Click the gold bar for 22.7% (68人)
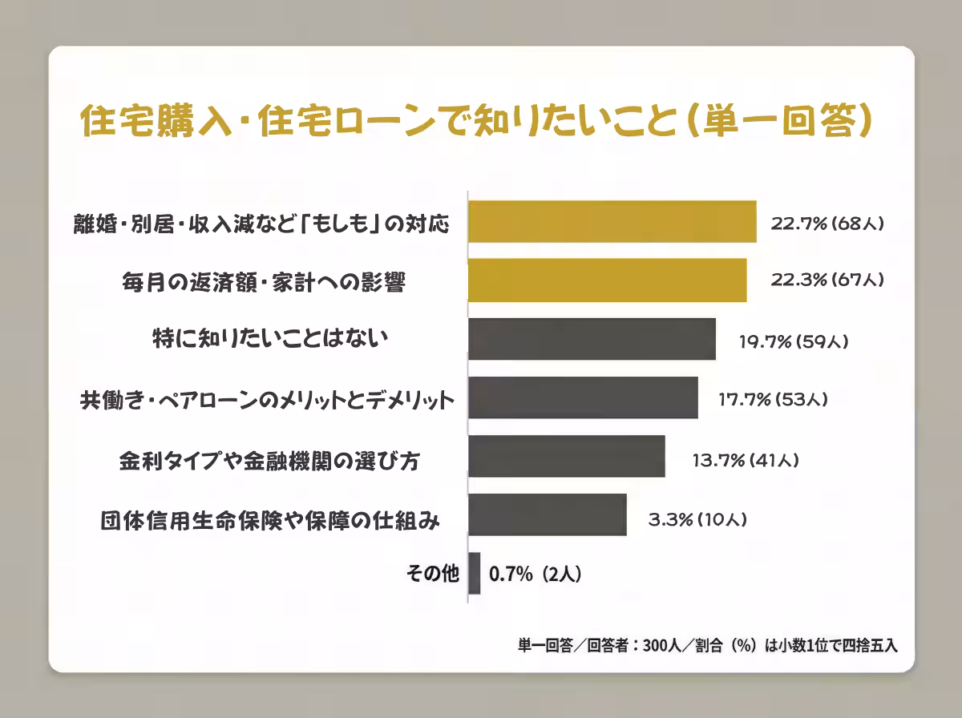pos(612,222)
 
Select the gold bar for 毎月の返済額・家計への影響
pos(608,280)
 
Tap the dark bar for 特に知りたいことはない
pos(592,339)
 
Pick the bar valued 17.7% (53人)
pos(583,397)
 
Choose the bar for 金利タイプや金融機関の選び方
pos(567,456)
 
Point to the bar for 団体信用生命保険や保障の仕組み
pos(548,514)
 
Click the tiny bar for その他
pos(475,573)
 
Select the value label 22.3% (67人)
pos(827,280)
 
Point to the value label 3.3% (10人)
pos(697,519)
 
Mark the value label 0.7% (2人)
pos(535,574)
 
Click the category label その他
pos(433,574)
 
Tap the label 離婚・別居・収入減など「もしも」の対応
pos(260,223)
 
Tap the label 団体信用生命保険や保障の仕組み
pos(270,519)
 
